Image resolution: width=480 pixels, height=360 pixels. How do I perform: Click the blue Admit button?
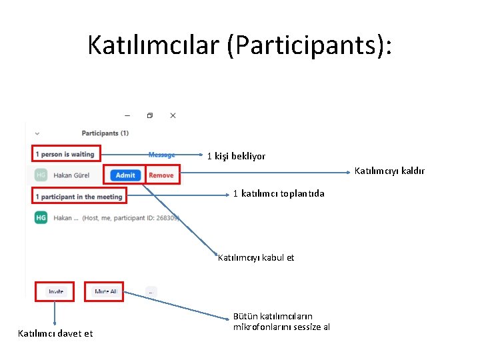[125, 175]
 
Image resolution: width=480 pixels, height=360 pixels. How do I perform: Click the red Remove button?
[161, 175]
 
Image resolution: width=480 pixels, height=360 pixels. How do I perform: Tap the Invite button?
[56, 291]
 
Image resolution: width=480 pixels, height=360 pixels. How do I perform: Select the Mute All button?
[105, 291]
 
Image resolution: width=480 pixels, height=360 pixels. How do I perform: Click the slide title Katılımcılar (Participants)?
[240, 45]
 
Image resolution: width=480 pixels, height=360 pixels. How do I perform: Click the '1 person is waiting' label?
[65, 154]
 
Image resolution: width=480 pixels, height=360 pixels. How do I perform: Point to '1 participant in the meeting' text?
[79, 197]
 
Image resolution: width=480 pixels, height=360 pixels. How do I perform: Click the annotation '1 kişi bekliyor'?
[236, 156]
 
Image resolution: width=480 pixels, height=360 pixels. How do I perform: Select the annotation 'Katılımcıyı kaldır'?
[389, 171]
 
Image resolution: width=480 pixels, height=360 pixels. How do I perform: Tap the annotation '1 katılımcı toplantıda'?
[279, 193]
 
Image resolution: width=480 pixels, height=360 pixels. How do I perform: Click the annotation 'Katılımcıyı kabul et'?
[256, 257]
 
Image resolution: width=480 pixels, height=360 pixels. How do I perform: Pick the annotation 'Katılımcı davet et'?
[55, 333]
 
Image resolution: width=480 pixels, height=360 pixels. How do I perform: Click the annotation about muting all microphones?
[281, 321]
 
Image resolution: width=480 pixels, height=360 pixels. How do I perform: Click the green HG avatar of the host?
[41, 217]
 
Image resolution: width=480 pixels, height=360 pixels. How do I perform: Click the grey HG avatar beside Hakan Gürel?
[41, 175]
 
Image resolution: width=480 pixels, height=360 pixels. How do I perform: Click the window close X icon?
[173, 115]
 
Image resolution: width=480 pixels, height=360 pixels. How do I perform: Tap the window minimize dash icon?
[127, 115]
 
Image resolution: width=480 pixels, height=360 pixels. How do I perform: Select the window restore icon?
[150, 115]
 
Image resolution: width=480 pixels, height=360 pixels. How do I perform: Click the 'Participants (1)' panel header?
[105, 133]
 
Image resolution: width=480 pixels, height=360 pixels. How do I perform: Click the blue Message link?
[161, 155]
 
